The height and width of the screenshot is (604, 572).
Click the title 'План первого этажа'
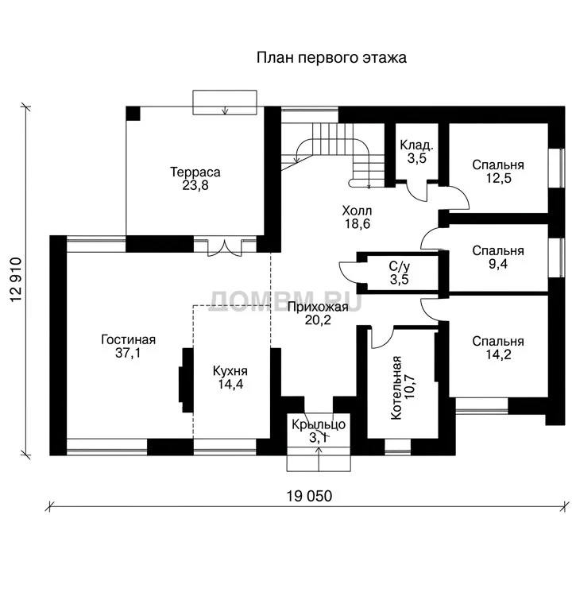[331, 58]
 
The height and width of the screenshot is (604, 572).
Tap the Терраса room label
[195, 172]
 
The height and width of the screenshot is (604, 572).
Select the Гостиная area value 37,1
[128, 352]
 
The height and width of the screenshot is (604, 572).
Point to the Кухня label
[230, 371]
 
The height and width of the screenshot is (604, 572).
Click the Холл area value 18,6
[357, 223]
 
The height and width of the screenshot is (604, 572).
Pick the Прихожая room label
[318, 307]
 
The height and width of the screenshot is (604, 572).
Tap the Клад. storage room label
[417, 145]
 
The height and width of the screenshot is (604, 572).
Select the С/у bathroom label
[400, 266]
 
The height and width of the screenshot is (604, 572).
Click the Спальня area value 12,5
[498, 178]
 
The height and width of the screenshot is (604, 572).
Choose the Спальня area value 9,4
[498, 264]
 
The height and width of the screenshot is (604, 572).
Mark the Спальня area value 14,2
[498, 354]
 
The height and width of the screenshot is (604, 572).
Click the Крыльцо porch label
[318, 424]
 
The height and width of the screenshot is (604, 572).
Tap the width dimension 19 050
[309, 496]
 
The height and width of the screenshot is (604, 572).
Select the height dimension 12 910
[16, 280]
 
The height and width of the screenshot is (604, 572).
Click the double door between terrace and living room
[225, 248]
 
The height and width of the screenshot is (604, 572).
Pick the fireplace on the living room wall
[186, 380]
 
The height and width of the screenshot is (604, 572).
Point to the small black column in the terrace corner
[133, 114]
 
